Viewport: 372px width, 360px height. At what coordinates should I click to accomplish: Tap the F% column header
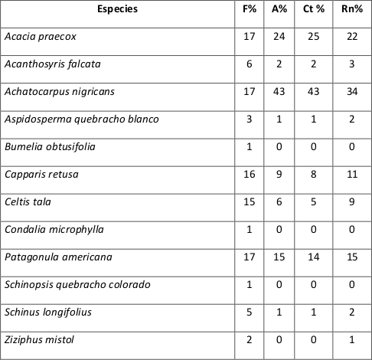(246, 8)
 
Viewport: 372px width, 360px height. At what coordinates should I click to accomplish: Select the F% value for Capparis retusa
(246, 175)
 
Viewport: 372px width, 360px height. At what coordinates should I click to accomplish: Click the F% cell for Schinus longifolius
(246, 313)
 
